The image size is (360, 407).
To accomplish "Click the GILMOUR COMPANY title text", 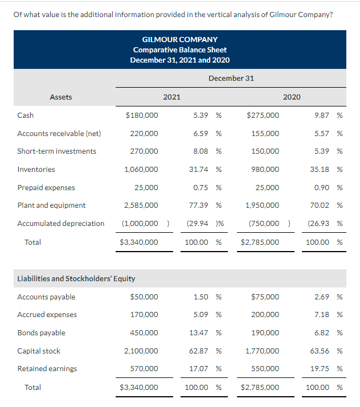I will [179, 39].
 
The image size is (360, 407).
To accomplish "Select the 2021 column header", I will [171, 97].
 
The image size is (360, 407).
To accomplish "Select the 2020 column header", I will [292, 97].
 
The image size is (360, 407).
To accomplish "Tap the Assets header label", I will [61, 97].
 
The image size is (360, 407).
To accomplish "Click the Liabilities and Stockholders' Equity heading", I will [76, 278].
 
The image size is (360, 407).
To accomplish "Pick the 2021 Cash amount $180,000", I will [142, 115].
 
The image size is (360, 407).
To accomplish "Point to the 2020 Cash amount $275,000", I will [263, 115].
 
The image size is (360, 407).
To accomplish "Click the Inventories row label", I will [36, 169].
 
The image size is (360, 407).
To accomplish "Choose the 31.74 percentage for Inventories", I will [200, 169].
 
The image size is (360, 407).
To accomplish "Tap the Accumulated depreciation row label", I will [61, 223].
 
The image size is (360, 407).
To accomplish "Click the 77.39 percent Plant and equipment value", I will [200, 205].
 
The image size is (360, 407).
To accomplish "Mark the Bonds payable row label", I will [41, 332].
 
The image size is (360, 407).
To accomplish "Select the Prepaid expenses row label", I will [46, 187].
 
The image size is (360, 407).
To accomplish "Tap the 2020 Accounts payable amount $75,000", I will [265, 297].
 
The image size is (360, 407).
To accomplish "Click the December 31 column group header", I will [231, 78].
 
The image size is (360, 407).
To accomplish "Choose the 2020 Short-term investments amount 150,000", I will [265, 151].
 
